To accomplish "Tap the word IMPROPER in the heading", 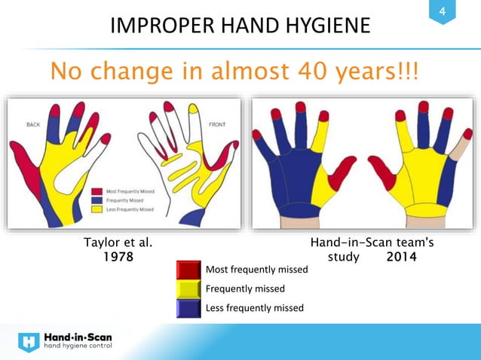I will coord(162,28).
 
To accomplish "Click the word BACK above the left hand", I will coord(33,123).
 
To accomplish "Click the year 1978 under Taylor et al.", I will coord(118,257).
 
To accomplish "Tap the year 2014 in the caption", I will coord(401,257).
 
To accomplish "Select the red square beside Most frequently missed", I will coord(188,270).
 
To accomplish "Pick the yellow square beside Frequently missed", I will coord(188,288).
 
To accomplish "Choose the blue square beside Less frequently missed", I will coord(188,307).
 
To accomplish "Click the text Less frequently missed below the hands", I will coord(254,307).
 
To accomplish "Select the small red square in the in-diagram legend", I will coord(97,191).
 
